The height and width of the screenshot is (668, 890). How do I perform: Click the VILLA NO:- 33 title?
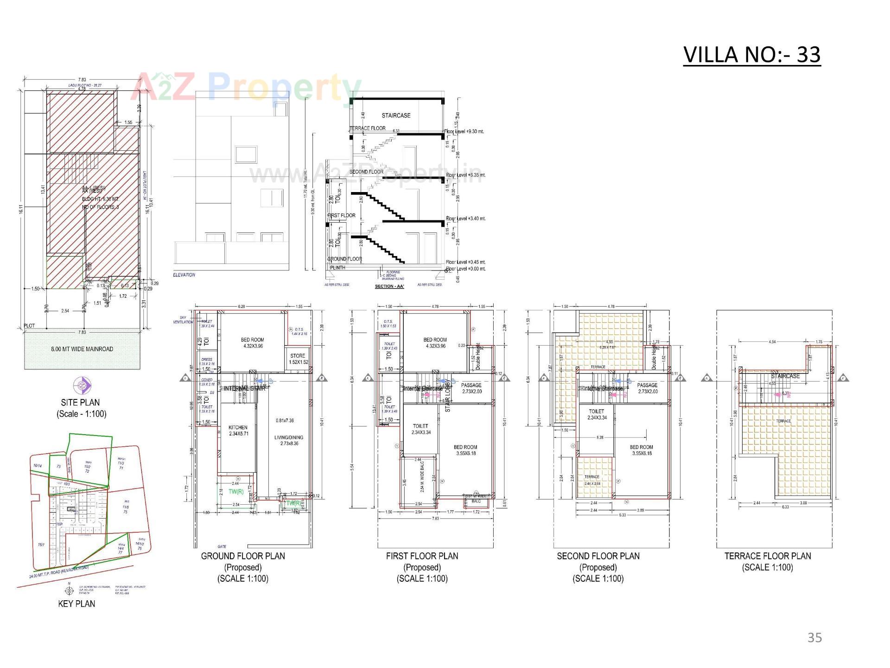pyautogui.click(x=751, y=55)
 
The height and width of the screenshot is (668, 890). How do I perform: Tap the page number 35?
pyautogui.click(x=814, y=637)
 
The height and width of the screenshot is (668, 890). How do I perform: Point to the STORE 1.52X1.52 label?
pyautogui.click(x=298, y=359)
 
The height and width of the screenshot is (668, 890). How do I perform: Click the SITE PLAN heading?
pyautogui.click(x=80, y=402)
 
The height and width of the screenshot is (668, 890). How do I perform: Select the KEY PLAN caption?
pyautogui.click(x=76, y=604)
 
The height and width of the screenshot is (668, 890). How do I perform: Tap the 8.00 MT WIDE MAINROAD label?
pyautogui.click(x=82, y=349)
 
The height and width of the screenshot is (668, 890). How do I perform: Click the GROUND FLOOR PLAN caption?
pyautogui.click(x=243, y=556)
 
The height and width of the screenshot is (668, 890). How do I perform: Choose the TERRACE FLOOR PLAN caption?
pyautogui.click(x=768, y=556)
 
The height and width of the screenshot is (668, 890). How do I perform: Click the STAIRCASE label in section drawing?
pyautogui.click(x=396, y=115)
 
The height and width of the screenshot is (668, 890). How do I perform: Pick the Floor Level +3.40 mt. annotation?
pyautogui.click(x=465, y=218)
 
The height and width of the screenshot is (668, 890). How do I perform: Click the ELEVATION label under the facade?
pyautogui.click(x=184, y=275)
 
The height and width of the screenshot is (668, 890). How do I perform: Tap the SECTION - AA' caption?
pyautogui.click(x=389, y=286)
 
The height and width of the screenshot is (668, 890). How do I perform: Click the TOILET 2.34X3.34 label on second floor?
pyautogui.click(x=597, y=414)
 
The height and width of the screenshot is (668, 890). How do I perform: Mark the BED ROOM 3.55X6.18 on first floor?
pyautogui.click(x=465, y=450)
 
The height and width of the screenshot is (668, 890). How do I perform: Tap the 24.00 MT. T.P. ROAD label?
pyautogui.click(x=58, y=572)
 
